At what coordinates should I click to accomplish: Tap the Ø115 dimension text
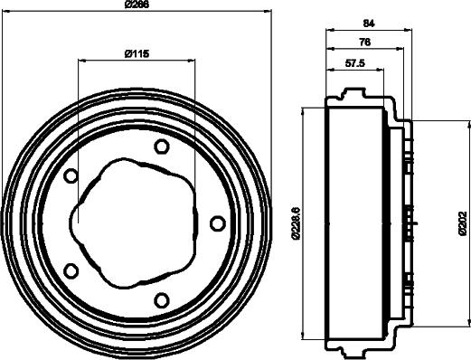pyautogui.click(x=136, y=54)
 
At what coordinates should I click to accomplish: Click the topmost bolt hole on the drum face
pyautogui.click(x=162, y=147)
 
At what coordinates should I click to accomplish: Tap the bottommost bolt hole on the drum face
pyautogui.click(x=162, y=300)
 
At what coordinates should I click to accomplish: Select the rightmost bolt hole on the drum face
pyautogui.click(x=217, y=223)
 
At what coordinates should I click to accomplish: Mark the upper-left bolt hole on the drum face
pyautogui.click(x=72, y=175)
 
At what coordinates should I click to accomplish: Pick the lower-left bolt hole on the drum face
pyautogui.click(x=72, y=270)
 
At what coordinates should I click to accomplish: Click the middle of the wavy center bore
pyautogui.click(x=136, y=223)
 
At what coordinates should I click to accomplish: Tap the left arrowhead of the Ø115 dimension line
pyautogui.click(x=82, y=62)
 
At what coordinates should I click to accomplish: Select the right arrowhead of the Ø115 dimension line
pyautogui.click(x=191, y=62)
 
